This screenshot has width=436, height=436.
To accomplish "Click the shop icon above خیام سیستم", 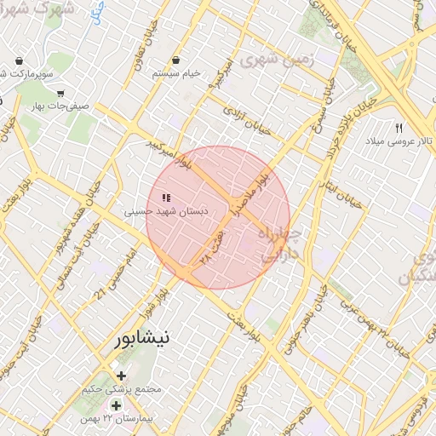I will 175,60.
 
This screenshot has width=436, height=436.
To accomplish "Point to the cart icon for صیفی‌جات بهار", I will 60,93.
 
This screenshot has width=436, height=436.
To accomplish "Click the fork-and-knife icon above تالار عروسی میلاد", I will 398,128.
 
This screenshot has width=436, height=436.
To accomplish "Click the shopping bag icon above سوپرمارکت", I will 19,61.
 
